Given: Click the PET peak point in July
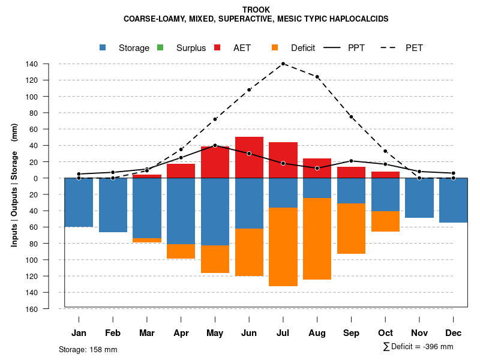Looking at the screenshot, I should coord(283,64).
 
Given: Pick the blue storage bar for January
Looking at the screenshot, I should coord(79,202).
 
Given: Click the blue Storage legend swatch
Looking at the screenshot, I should coord(103,47).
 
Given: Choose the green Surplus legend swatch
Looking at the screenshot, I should coord(160,47).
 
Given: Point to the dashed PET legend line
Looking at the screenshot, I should coord(391,47).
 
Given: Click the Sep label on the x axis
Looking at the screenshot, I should coord(351,333).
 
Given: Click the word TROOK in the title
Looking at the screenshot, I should coord(256,10).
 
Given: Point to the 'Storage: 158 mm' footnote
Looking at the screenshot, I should coord(88,349).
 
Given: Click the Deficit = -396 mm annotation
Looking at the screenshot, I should coord(418,347).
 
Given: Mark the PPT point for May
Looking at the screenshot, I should coord(215,145).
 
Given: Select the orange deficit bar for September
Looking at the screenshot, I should coord(351,229).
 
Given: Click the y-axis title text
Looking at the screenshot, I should coord(14,185).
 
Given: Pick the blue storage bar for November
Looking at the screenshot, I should coord(419,198).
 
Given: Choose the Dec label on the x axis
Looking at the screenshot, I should coord(454,333).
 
